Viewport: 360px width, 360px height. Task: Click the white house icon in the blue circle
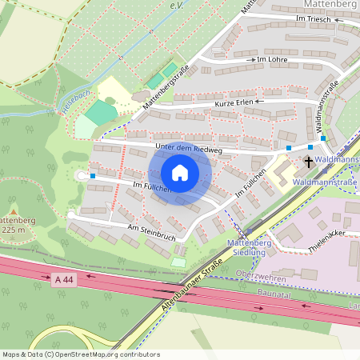click(x=180, y=174)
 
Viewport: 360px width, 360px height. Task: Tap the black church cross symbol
click(x=308, y=162)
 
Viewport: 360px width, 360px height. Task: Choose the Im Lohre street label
click(x=271, y=59)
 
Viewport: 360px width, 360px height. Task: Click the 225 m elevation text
click(x=16, y=230)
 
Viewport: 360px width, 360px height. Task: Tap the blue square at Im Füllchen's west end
click(x=93, y=175)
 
